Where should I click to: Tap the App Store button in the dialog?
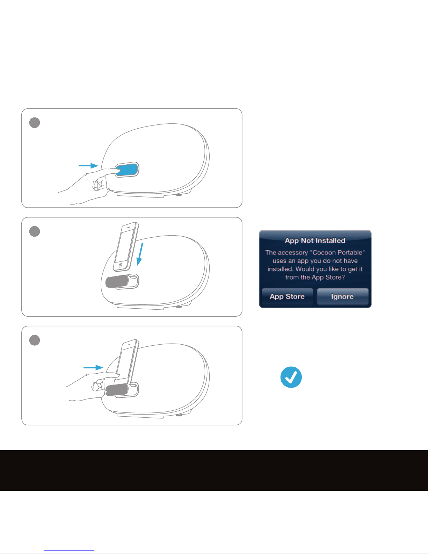pos(287,296)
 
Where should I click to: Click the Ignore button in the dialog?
pos(343,296)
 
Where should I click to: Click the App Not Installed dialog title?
pos(315,240)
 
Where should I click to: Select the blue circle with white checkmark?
pos(291,377)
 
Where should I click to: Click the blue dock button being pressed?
pos(127,170)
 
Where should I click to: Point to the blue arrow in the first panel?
pos(88,166)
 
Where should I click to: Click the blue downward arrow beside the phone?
pos(140,254)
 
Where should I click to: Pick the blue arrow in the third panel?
pos(93,368)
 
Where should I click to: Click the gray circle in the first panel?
pos(35,123)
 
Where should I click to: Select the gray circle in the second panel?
pos(35,231)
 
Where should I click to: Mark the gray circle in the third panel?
pos(35,340)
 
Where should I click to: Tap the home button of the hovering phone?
pos(120,265)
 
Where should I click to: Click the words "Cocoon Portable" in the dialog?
pos(338,252)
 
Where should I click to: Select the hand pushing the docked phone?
pos(92,386)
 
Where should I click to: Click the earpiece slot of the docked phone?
pos(129,344)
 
